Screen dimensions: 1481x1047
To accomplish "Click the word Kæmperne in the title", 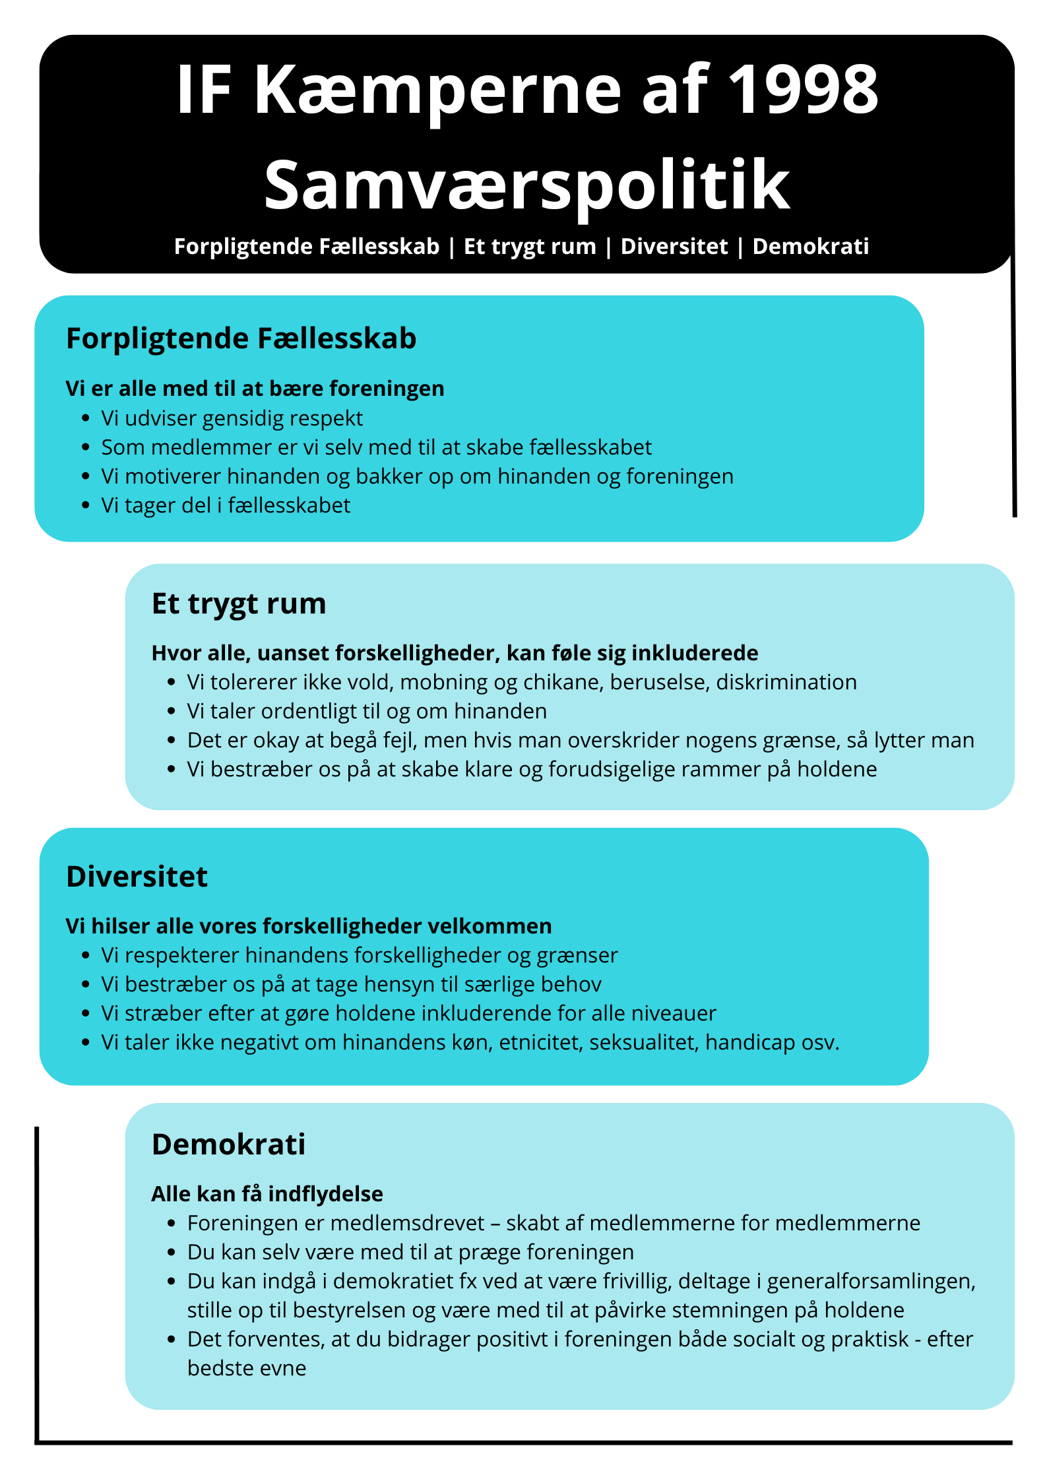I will [438, 90].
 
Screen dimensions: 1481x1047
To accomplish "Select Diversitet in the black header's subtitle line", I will [674, 247].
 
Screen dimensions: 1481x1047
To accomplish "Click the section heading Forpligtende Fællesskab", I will [241, 338].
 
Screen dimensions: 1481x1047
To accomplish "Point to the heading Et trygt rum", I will [239, 604].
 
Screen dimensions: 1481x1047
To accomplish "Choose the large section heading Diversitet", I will [137, 877].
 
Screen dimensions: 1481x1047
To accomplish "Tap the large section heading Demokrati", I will [229, 1145].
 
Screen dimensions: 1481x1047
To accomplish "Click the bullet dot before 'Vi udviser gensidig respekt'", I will [86, 418].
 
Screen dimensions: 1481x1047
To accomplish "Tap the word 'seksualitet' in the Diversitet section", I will [644, 1042].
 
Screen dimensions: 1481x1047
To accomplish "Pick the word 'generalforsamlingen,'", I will [871, 1281].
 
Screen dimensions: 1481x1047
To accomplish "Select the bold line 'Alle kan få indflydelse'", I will [267, 1194].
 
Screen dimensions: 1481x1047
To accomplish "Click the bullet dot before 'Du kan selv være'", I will [172, 1252].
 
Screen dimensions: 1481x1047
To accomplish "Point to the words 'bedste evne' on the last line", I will [247, 1368].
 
